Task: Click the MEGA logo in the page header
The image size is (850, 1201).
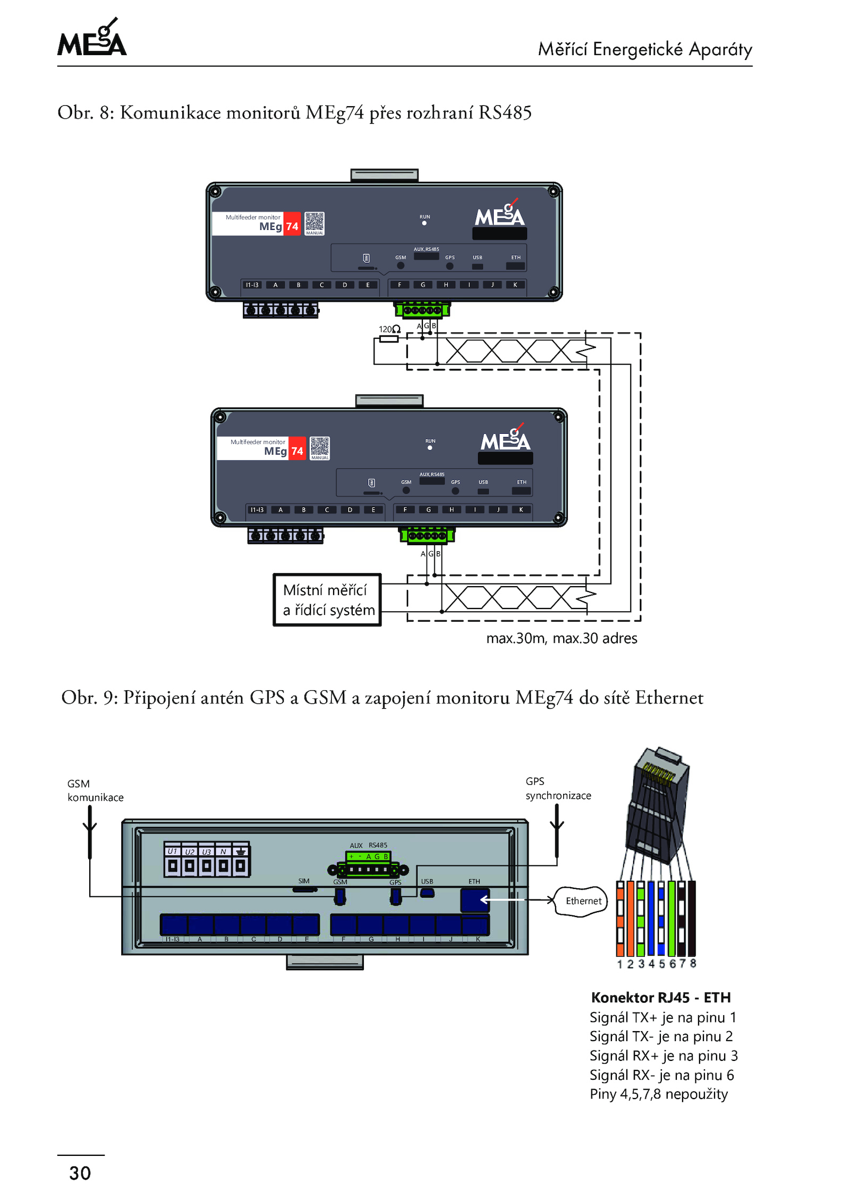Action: [x=92, y=38]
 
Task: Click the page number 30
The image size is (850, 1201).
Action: [x=80, y=1173]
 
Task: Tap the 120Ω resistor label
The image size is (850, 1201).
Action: [x=389, y=329]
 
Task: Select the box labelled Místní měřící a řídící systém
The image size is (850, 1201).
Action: [x=327, y=600]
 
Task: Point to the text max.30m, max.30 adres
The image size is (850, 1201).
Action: [x=562, y=638]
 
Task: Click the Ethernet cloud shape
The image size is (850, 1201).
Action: [x=582, y=901]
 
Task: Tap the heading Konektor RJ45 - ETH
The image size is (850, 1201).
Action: [x=661, y=998]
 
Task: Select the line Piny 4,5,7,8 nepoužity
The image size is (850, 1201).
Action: [x=659, y=1094]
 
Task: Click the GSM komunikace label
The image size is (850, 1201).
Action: [x=95, y=791]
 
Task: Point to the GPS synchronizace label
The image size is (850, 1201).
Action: [x=558, y=788]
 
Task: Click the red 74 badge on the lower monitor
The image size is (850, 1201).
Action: [x=297, y=451]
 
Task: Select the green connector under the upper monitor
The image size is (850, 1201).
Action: [x=422, y=310]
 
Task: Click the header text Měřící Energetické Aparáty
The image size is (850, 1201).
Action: [x=645, y=49]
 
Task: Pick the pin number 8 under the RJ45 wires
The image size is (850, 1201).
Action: [x=693, y=963]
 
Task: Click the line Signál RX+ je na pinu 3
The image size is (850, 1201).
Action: [x=664, y=1056]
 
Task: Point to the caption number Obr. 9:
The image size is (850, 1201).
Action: [x=89, y=698]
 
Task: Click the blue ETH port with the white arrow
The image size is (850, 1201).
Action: [x=474, y=900]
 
